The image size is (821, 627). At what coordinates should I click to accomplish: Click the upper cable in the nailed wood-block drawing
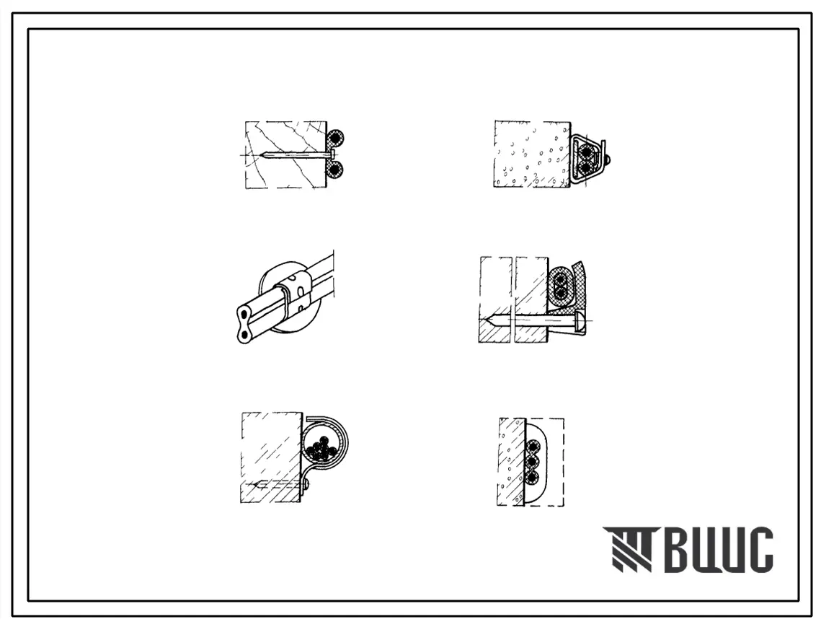click(335, 139)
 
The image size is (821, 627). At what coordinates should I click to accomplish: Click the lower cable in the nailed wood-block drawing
click(334, 169)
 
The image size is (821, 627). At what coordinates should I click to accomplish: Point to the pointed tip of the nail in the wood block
click(260, 154)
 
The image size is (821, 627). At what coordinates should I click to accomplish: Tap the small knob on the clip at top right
click(608, 158)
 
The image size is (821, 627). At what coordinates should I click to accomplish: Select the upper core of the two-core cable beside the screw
click(560, 277)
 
